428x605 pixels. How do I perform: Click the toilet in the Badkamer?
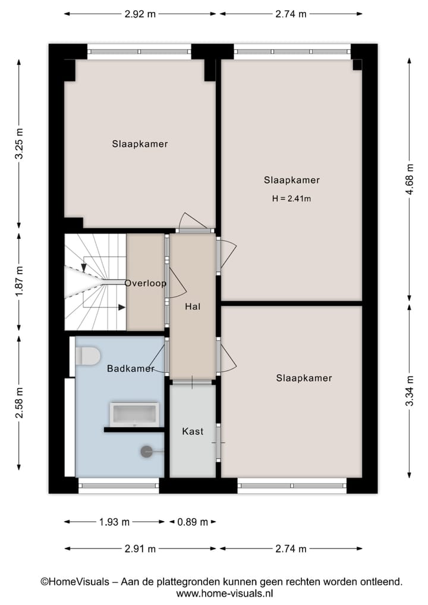(x=87, y=357)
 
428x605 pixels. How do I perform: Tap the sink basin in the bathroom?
(x=134, y=414)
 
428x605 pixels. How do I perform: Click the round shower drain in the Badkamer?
(x=146, y=452)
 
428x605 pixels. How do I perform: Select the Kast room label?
(x=193, y=431)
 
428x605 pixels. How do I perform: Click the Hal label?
(x=193, y=307)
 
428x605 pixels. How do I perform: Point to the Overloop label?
(x=146, y=283)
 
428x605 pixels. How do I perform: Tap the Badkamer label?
(x=131, y=369)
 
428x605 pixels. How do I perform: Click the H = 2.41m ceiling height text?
(x=291, y=199)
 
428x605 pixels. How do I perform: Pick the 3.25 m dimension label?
(x=20, y=143)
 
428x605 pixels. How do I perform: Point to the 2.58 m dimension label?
(x=20, y=403)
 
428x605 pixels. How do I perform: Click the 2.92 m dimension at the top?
(x=140, y=14)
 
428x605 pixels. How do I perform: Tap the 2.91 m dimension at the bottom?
(x=140, y=548)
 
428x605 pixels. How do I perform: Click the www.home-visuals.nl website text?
(x=225, y=593)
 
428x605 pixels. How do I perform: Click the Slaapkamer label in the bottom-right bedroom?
(x=304, y=378)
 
